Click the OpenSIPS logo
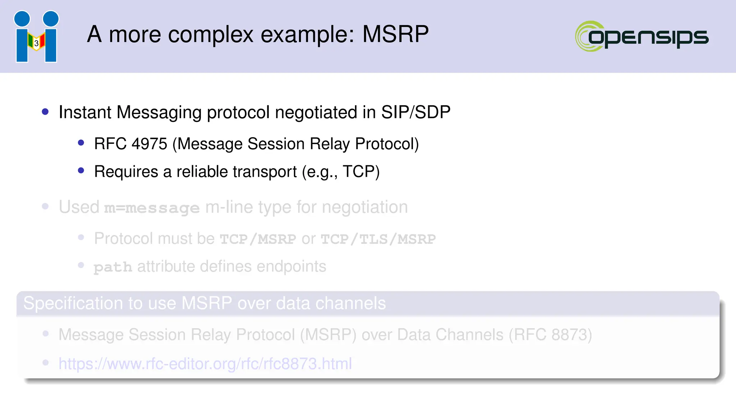(x=641, y=36)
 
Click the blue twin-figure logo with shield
(x=36, y=37)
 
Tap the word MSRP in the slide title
(x=395, y=34)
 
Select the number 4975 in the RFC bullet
(x=149, y=144)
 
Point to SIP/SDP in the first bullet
(x=415, y=112)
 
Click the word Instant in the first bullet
(x=85, y=112)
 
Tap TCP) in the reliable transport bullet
(x=361, y=172)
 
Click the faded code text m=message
(x=152, y=208)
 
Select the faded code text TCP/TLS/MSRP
(x=378, y=239)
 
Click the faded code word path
(x=113, y=267)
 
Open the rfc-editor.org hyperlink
(x=205, y=364)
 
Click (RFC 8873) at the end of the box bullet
(x=550, y=335)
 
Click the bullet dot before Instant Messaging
(x=45, y=112)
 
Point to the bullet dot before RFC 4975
(x=81, y=143)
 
